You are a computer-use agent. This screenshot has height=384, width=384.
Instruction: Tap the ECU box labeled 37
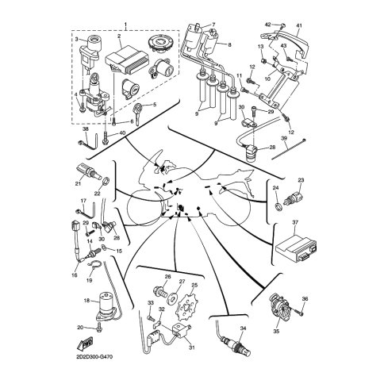coord(294,247)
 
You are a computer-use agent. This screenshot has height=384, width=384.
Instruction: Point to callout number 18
coord(85,301)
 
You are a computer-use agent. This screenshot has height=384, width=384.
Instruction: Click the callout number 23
coord(301,180)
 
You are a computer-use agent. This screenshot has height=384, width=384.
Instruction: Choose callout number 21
coord(79,183)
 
